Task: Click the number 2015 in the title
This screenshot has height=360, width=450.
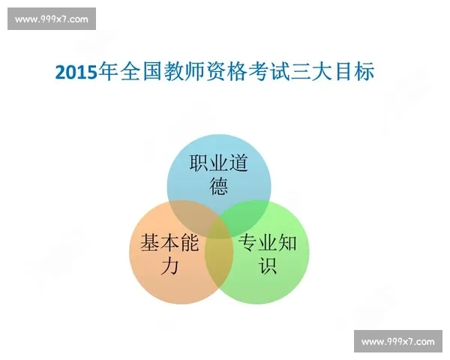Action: tap(76, 73)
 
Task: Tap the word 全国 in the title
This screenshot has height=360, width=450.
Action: tap(140, 73)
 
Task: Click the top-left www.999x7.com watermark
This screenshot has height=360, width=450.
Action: tap(51, 19)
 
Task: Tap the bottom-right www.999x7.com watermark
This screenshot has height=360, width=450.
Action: tap(397, 341)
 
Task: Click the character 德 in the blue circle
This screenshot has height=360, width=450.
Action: tap(219, 187)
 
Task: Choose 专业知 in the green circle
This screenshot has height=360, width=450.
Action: tap(268, 244)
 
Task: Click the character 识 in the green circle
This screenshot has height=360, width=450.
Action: tap(268, 265)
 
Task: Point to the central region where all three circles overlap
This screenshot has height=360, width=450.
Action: tap(219, 226)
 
